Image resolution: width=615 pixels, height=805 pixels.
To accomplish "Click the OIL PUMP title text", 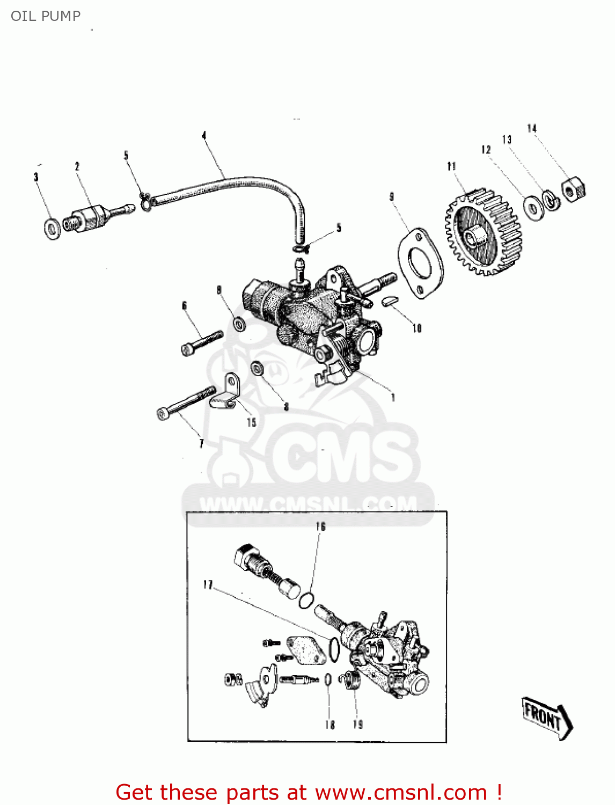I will (46, 16).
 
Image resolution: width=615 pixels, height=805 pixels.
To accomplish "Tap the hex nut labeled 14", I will (573, 190).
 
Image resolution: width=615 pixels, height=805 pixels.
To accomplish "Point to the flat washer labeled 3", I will (52, 229).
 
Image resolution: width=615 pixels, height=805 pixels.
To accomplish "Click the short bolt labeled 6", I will (202, 342).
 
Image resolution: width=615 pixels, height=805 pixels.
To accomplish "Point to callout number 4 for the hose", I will (204, 136).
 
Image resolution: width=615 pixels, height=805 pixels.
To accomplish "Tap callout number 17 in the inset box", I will (208, 584).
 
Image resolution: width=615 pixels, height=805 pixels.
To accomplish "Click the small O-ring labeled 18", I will (328, 680).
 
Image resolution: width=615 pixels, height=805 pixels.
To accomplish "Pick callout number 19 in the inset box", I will (357, 724).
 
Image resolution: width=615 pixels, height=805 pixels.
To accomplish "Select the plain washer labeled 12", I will (533, 207).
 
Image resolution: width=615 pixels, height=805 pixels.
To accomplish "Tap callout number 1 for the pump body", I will (393, 398).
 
